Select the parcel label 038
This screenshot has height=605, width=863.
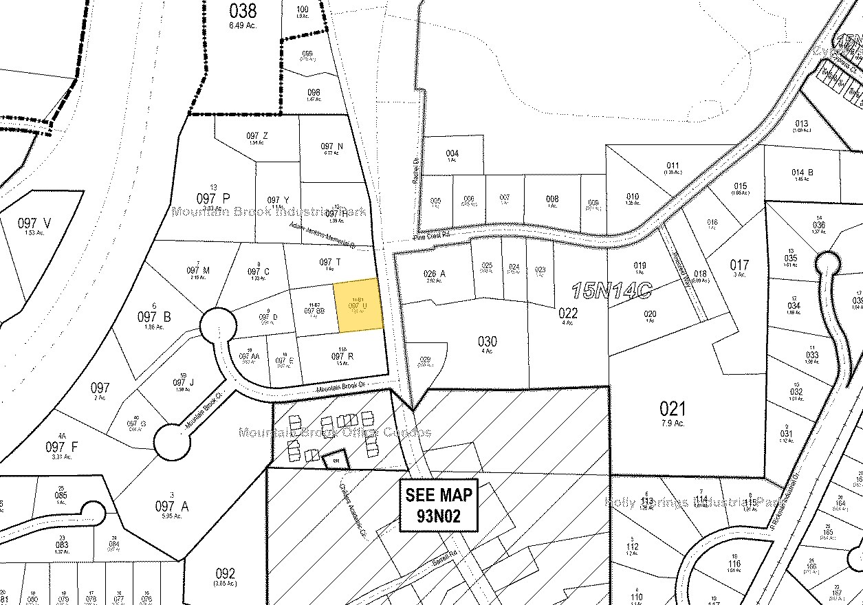[243, 10]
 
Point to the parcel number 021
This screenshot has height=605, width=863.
[673, 409]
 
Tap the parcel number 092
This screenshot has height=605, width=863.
[225, 573]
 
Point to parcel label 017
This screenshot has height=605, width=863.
[739, 264]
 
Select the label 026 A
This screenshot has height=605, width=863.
[435, 274]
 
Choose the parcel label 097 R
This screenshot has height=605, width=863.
[342, 356]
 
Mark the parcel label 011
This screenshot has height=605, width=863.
[673, 165]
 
